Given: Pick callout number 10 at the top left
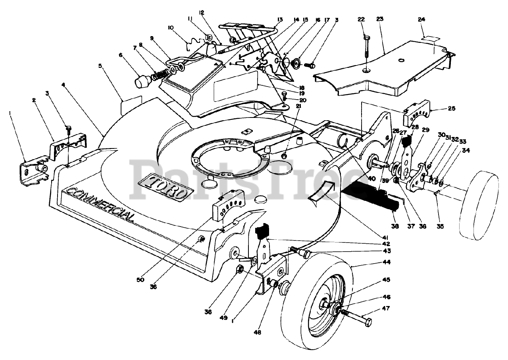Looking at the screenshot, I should [x=171, y=27].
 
